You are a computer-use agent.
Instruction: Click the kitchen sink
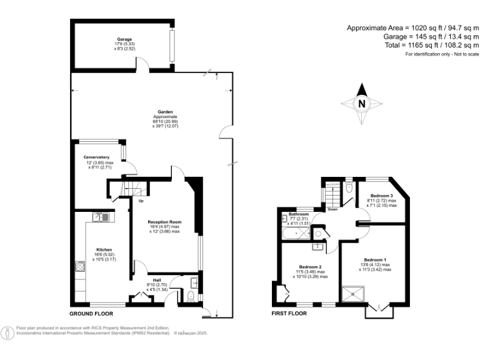coord(100,217)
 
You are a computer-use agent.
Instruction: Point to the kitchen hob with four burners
coord(81,267)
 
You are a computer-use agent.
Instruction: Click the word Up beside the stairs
coord(141,201)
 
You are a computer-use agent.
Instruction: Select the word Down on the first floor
coord(332,209)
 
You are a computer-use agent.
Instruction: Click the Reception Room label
coord(164,222)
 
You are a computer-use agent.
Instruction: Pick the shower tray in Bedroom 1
coord(354,293)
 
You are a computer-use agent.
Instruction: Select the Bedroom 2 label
coord(311,266)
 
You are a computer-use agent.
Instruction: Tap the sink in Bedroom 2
coord(317,246)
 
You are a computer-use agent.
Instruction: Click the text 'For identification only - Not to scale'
coord(442,55)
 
